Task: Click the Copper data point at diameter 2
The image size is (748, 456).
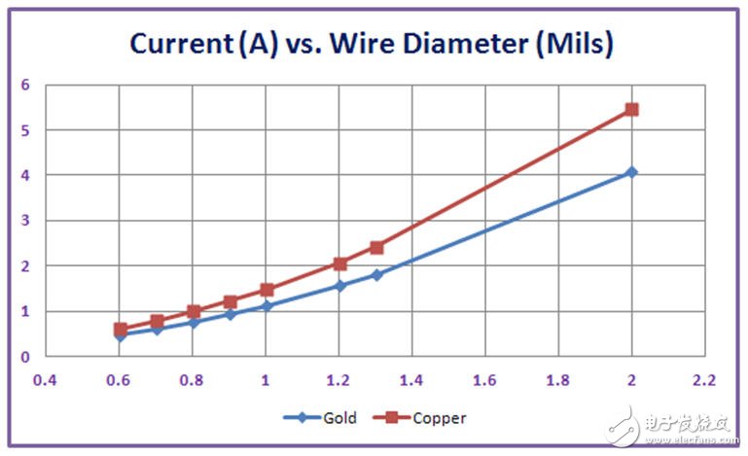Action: tap(631, 110)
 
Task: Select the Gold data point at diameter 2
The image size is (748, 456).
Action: tap(631, 172)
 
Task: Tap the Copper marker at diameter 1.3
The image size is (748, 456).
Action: tap(376, 247)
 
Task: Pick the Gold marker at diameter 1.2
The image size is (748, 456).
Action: tap(339, 286)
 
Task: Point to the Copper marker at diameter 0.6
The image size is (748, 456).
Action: tap(121, 330)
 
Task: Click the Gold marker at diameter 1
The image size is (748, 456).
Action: tap(267, 305)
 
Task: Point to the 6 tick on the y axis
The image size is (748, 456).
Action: tap(25, 85)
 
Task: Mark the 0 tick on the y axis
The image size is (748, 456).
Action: tap(25, 357)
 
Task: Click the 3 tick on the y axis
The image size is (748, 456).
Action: tap(25, 221)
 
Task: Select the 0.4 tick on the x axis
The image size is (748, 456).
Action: tap(46, 379)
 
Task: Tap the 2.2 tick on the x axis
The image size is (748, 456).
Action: tap(704, 379)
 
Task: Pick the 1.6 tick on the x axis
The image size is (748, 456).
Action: tap(485, 379)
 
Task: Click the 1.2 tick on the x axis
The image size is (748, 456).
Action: tap(339, 379)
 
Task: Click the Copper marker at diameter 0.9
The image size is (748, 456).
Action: tap(231, 301)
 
